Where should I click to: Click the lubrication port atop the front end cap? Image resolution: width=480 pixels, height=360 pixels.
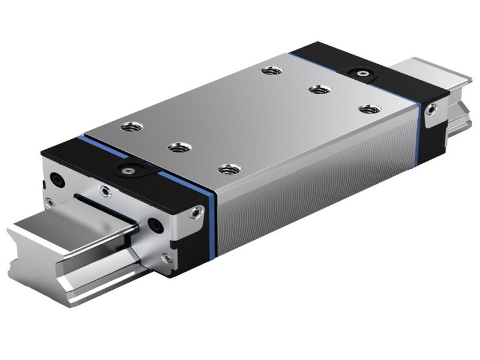tap(128, 170)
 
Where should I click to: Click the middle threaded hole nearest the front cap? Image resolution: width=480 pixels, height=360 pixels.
tap(176, 146)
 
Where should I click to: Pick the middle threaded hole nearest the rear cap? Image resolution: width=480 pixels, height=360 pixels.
tap(316, 90)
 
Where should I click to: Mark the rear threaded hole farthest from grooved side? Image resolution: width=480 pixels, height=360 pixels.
tap(268, 71)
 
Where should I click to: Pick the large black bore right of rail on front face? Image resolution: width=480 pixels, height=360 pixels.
tap(157, 224)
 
